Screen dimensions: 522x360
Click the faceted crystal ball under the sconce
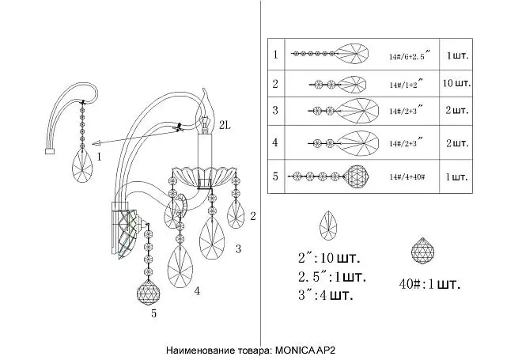coord(148,293)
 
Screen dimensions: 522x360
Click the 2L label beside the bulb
coord(225,125)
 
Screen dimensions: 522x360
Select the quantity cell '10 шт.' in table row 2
coord(456,83)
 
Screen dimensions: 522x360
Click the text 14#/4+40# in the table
coord(407,177)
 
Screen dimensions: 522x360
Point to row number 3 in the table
coord(275,110)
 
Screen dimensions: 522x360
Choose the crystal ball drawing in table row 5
coord(357,176)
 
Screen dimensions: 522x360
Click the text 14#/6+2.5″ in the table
coord(410,55)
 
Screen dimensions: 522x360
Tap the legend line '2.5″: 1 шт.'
coord(332,276)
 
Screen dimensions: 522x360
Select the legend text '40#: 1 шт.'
coord(429,284)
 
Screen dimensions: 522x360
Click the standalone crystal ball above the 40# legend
coord(422,251)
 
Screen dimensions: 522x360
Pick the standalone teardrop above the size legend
coord(328,225)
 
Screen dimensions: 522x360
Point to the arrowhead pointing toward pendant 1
coord(96,144)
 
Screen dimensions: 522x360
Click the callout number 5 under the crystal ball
coord(153,313)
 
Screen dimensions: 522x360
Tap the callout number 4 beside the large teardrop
coord(197,291)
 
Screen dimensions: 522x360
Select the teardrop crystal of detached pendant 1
coord(82,165)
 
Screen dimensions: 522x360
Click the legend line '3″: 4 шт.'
coord(325,295)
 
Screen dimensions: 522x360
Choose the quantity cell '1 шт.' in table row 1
coord(457,55)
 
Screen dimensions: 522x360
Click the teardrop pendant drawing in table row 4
coord(343,143)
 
